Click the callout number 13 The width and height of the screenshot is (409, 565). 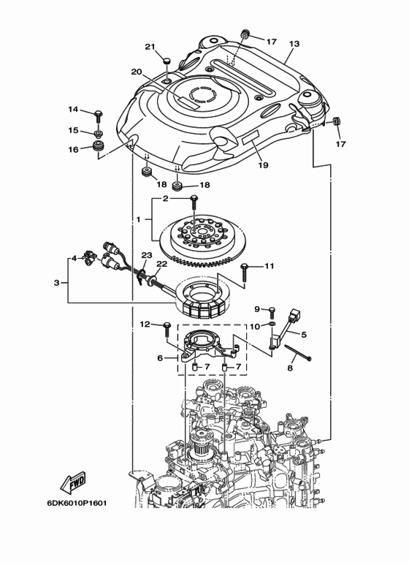[x=294, y=44]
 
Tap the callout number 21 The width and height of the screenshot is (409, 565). [x=150, y=47]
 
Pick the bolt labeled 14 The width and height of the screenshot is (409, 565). [x=99, y=115]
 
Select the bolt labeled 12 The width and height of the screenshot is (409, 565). [x=167, y=326]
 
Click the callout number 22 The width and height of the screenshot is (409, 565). [x=161, y=265]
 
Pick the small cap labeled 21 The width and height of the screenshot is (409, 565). [x=167, y=61]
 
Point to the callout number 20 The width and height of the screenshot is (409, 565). [x=136, y=72]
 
